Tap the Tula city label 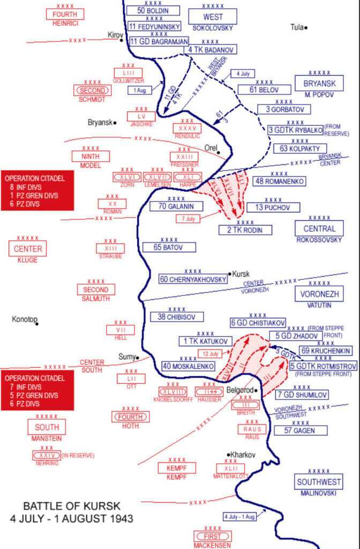(296, 27)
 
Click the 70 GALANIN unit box (168, 206)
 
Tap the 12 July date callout (210, 354)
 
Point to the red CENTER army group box (27, 249)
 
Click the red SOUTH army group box (47, 427)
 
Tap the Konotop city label (24, 320)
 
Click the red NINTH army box (90, 156)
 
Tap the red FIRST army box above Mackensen (212, 536)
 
